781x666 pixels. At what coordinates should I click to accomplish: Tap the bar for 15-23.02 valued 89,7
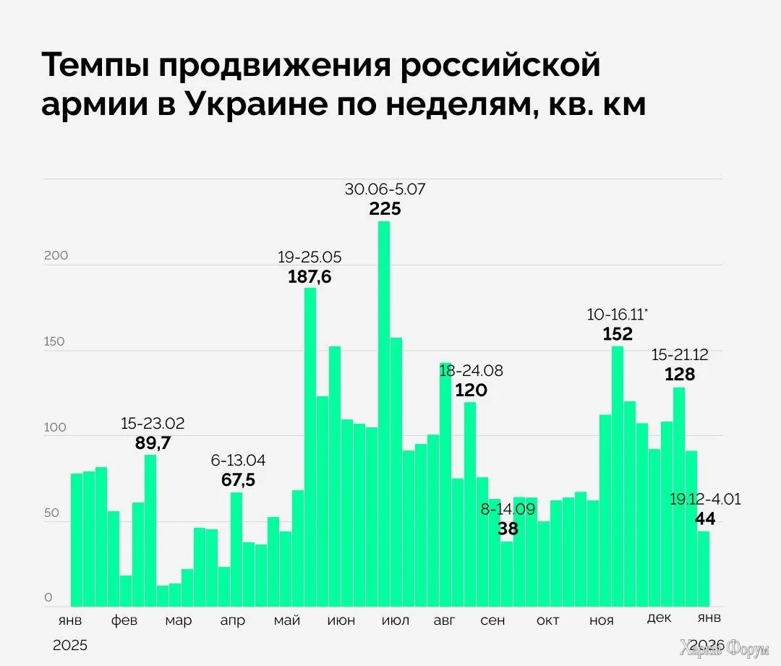click(x=150, y=530)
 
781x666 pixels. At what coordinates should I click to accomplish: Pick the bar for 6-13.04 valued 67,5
click(x=236, y=549)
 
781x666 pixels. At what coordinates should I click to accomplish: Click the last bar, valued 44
click(x=703, y=568)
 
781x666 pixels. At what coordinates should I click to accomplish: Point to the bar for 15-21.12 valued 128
click(x=678, y=497)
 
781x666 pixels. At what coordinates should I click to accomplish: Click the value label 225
click(x=385, y=209)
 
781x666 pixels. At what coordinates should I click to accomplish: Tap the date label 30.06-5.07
click(x=385, y=189)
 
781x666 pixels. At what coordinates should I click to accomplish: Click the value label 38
click(x=508, y=529)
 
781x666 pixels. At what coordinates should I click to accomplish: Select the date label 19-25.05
click(x=310, y=257)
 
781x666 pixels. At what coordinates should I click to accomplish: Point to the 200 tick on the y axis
click(x=56, y=256)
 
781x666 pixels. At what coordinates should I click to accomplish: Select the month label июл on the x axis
click(x=395, y=621)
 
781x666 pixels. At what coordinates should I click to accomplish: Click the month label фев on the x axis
click(x=124, y=621)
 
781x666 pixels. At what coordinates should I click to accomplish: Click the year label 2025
click(x=69, y=645)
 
